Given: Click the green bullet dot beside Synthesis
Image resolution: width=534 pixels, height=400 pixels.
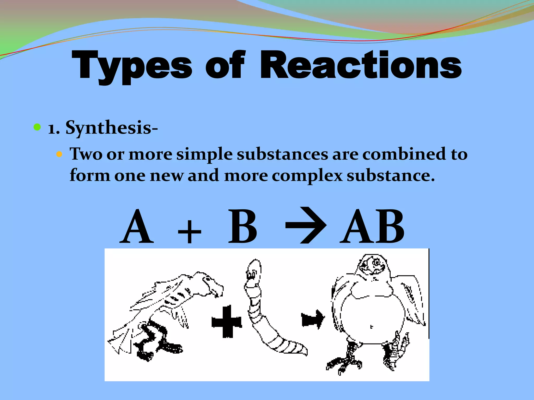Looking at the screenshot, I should pyautogui.click(x=37, y=127).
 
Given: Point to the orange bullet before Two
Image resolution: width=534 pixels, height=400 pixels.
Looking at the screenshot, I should pyautogui.click(x=59, y=154).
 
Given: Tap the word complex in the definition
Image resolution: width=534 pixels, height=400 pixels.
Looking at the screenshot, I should pyautogui.click(x=307, y=176).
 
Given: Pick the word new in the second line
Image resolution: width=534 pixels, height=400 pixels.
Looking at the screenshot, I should pyautogui.click(x=167, y=176).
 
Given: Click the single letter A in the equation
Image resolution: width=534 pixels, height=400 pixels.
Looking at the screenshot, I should pyautogui.click(x=137, y=227).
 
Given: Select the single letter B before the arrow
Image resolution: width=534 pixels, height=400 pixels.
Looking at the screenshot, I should pyautogui.click(x=242, y=227).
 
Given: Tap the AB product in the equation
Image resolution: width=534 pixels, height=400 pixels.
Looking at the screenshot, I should pyautogui.click(x=372, y=227).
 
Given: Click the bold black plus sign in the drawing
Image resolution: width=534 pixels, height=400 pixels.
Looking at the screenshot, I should pyautogui.click(x=227, y=322).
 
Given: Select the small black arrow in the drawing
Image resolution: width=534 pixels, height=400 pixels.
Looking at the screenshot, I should pyautogui.click(x=313, y=320).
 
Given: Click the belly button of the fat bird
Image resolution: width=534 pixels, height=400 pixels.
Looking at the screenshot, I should pyautogui.click(x=371, y=327).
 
